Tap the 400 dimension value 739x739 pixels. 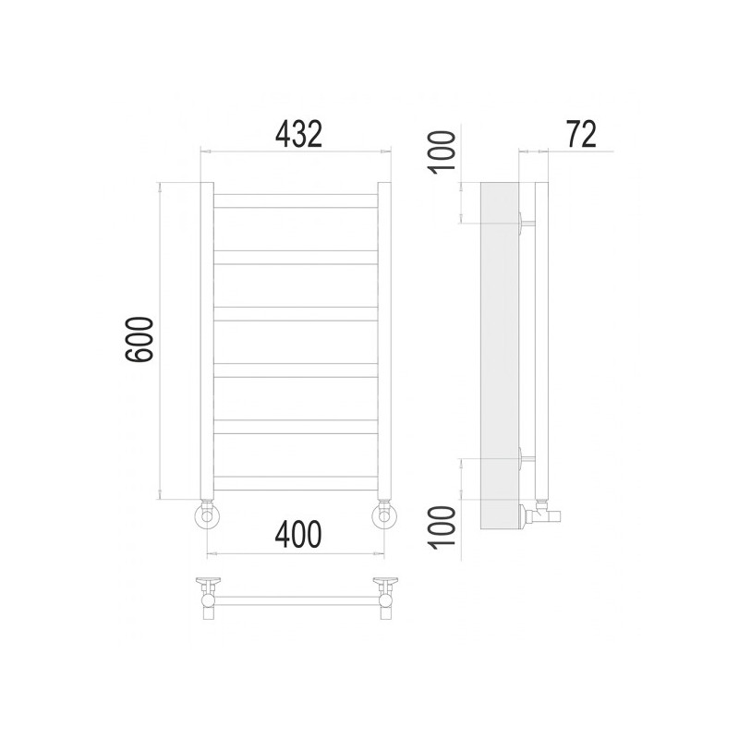tap(297, 534)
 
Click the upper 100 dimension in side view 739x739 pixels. tap(444, 150)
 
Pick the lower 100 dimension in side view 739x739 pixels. tap(444, 526)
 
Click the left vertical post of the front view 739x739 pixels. tap(208, 342)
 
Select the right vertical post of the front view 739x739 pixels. tap(384, 342)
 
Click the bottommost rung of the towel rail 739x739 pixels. tap(296, 482)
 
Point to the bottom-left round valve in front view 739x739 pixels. tap(208, 515)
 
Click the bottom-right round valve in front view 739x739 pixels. tap(383, 515)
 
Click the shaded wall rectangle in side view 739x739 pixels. tap(499, 351)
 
